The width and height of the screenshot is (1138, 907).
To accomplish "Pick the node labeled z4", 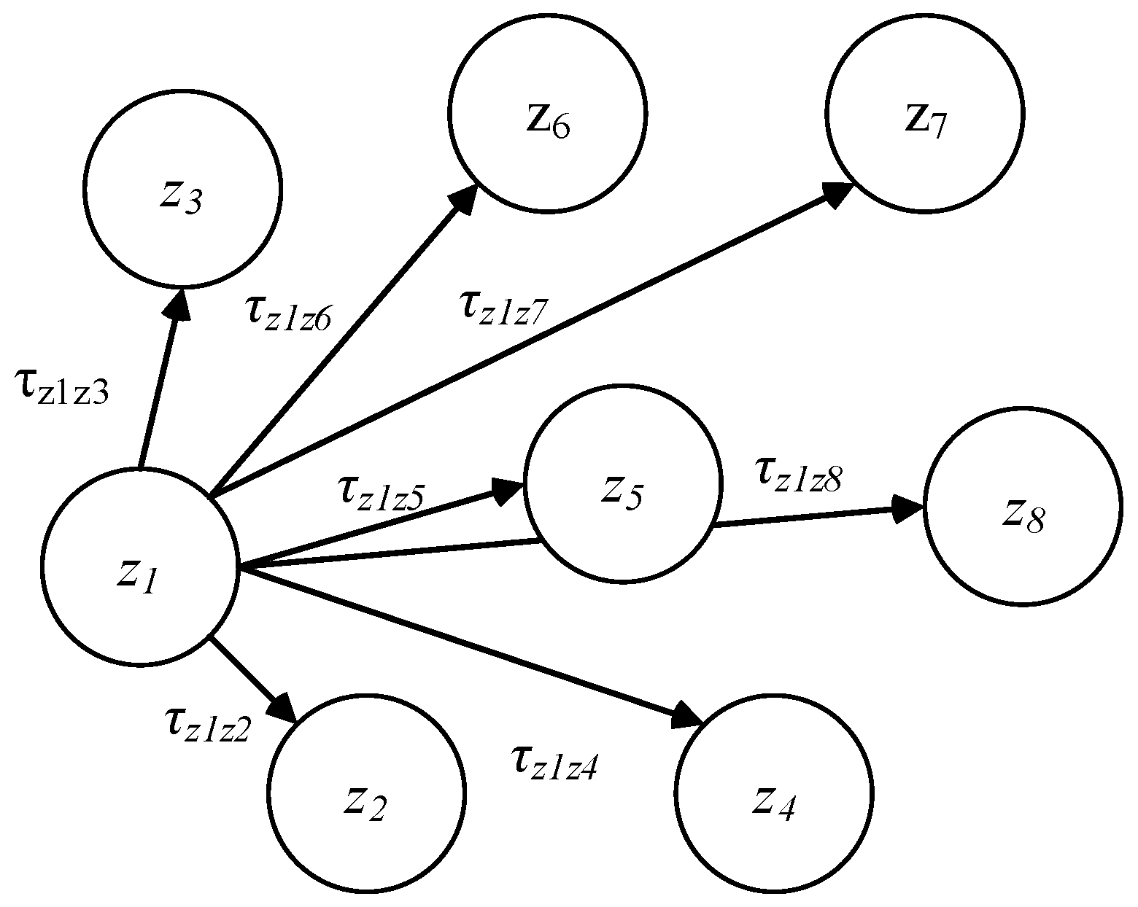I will point(774,794).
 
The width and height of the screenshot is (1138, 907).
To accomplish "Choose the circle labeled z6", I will point(547,113).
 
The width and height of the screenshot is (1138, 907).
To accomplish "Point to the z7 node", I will point(925,113).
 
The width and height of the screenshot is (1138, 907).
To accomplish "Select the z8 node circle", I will point(1023,506).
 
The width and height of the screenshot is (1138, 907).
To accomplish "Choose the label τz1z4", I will point(554,762).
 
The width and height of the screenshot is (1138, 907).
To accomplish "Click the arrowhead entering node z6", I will point(462,198).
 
